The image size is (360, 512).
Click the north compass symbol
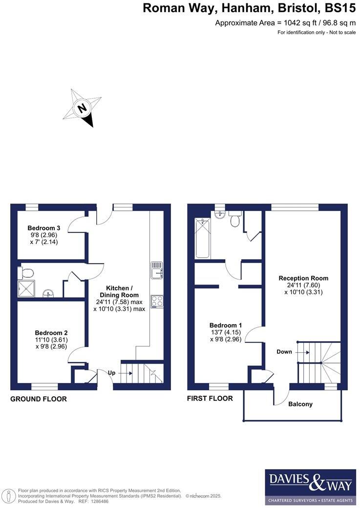point(83,107)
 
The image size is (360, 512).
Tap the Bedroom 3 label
point(44,228)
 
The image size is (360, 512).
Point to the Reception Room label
point(303,278)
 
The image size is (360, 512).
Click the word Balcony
point(300,404)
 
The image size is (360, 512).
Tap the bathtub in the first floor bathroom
point(203,238)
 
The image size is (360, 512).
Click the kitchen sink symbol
point(156,270)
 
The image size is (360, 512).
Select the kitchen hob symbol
point(157,301)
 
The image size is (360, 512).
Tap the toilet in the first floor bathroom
point(235,221)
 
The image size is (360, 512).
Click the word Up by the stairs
point(111,373)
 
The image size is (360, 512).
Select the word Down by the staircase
point(284,351)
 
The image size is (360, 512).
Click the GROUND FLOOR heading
point(39,399)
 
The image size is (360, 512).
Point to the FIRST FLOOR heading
point(210,398)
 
